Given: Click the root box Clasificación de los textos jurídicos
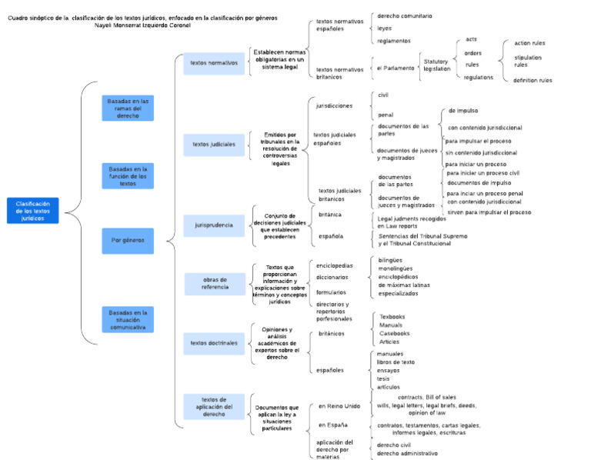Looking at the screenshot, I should pos(32,211).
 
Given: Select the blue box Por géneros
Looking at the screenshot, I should pos(128,240).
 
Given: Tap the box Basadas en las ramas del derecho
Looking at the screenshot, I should pos(128,108).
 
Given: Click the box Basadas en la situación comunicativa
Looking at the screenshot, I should pos(128,320).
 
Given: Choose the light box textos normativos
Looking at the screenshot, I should pos(214,63).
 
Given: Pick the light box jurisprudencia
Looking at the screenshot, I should pos(214,225).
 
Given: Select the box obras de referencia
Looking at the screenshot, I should pos(214,284).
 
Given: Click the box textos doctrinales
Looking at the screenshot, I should pos(214,343).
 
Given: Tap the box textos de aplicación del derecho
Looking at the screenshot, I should pos(214,407).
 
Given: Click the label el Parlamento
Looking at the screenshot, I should pos(395,68).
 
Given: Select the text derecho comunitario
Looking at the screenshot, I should pos(404,15).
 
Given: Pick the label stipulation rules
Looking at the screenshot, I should pos(528,61).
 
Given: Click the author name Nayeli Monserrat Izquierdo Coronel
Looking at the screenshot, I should pos(142,25).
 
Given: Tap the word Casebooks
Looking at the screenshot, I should pos(395,333).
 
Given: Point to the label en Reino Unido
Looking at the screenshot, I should pos(339,406).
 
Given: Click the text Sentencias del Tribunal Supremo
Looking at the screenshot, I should pos(422,236).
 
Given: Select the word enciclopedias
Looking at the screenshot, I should pos(335,265).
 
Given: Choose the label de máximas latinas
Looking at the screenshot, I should pos(404,285).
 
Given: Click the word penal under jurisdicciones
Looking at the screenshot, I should pos(386,115).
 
